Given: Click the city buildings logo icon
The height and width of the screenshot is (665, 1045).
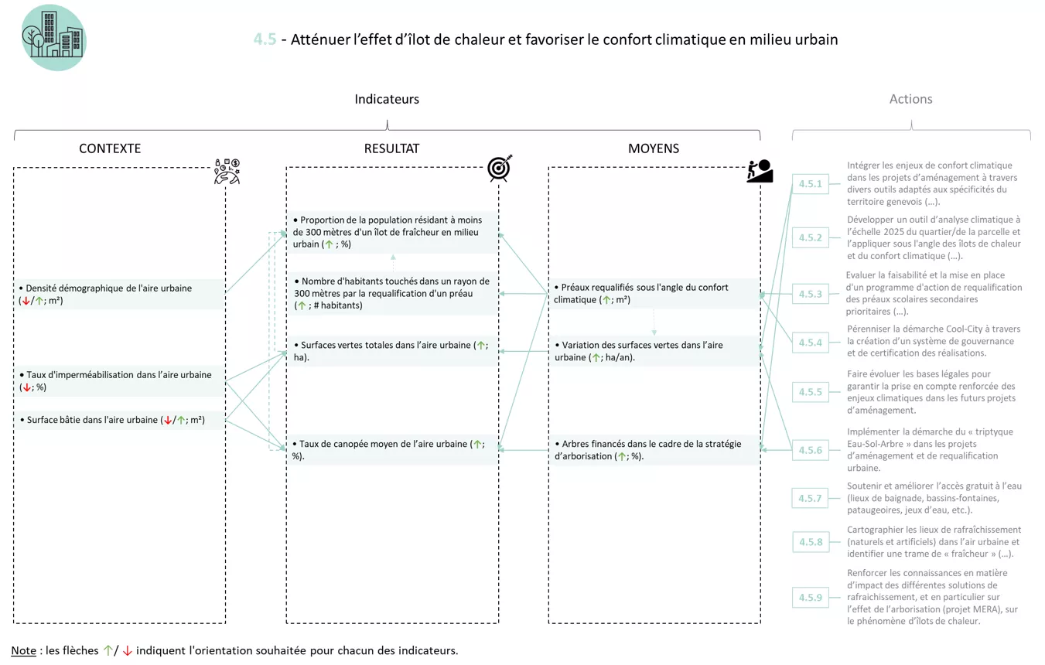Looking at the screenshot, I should point(53,37).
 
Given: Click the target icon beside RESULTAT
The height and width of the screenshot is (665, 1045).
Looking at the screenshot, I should point(500,168).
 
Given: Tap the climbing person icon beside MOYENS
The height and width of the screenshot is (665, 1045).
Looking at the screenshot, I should point(760,171).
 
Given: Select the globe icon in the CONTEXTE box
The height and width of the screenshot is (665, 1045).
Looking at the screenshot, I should point(227,172).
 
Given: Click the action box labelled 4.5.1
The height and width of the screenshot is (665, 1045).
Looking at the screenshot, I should point(810,184).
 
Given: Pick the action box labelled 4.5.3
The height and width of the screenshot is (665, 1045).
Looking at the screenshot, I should point(810,294).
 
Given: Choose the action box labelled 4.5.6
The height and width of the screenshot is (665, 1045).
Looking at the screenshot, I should point(810,450).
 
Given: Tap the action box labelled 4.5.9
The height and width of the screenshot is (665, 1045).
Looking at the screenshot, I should point(810,598).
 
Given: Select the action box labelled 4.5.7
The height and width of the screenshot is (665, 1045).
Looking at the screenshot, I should point(810,498).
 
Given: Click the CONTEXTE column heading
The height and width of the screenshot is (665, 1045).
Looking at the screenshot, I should point(110,148).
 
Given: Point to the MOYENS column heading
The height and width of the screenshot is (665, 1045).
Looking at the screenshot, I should point(654,148).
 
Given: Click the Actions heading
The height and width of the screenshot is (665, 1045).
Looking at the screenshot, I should point(910,99).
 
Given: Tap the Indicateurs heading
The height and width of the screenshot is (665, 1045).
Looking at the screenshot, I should point(387,99).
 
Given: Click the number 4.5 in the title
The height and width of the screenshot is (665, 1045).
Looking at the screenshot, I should point(265,39).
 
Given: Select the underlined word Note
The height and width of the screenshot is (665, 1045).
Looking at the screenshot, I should point(23,650).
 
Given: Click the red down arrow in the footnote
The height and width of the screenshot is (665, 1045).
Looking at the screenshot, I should point(128,651).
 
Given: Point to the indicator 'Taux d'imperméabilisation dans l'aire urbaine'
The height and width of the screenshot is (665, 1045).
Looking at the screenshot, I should point(116,380).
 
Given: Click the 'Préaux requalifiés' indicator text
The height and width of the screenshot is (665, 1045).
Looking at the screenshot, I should point(641,293).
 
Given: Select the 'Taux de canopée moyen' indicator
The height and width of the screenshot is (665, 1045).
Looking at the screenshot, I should point(387,449).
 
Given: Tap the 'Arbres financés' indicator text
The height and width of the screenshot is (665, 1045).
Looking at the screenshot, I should point(648,449).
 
